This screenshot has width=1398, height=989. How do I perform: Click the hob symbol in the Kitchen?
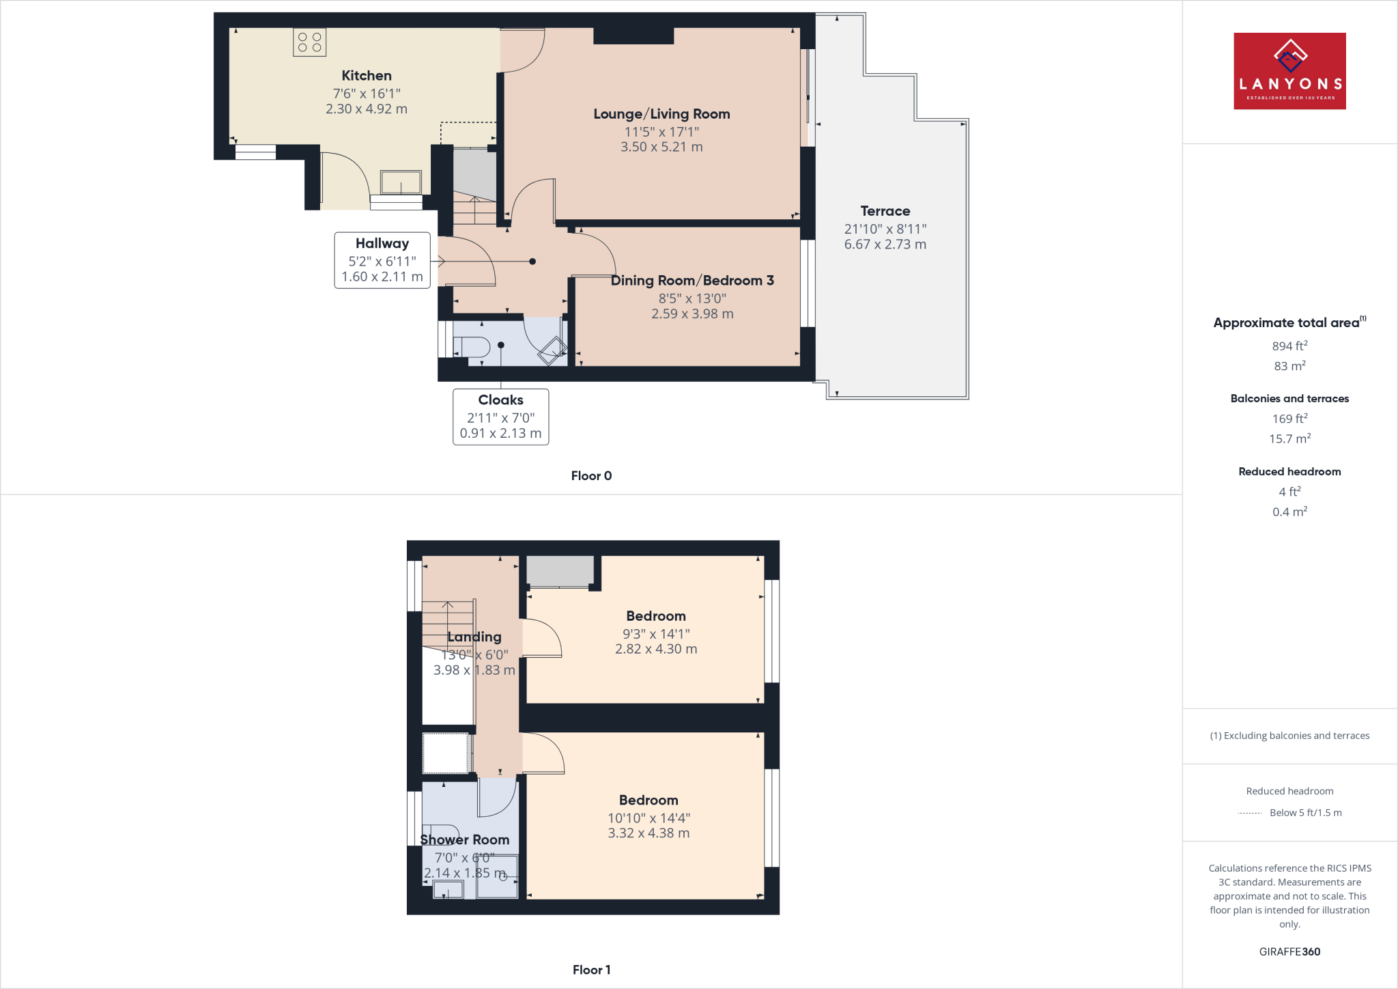(309, 42)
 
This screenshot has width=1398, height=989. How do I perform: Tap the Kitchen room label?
(367, 76)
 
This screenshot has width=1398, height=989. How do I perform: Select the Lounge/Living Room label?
(661, 114)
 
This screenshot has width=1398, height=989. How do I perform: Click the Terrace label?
(885, 211)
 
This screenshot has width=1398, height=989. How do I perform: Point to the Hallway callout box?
(382, 260)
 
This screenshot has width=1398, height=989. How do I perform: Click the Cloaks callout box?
(500, 417)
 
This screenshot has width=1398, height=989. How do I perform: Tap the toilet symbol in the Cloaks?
(472, 347)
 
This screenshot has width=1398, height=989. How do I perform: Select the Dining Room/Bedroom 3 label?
(692, 281)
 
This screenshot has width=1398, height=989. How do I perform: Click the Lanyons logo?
(1289, 71)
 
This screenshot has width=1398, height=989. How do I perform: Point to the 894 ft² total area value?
(1289, 346)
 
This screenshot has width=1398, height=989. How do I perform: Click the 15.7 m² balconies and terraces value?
(1289, 438)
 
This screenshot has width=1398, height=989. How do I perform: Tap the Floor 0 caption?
(591, 476)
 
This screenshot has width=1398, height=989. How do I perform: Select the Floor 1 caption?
(591, 970)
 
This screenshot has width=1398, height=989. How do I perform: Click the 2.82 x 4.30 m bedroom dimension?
(656, 650)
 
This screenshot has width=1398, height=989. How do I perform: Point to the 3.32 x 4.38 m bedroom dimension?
(648, 833)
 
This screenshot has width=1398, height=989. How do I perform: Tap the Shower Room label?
(465, 840)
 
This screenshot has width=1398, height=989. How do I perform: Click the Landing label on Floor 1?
(474, 637)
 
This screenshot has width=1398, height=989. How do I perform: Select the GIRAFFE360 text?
(1289, 952)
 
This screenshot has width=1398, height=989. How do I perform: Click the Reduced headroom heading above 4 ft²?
(1289, 472)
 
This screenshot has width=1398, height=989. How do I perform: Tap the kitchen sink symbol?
(401, 183)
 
